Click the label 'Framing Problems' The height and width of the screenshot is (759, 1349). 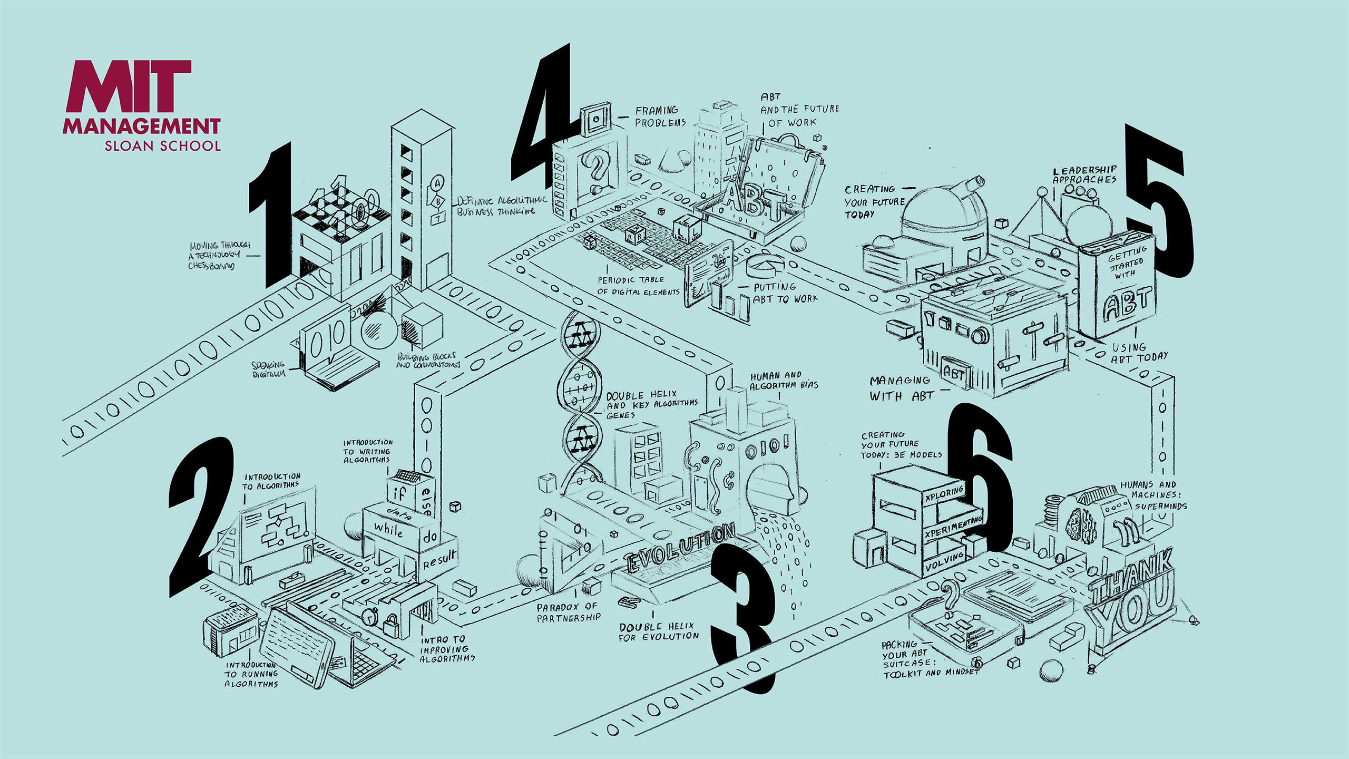(x=660, y=116)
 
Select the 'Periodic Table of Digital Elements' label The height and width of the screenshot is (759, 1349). (x=638, y=286)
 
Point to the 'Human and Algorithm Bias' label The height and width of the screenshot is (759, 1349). (x=784, y=380)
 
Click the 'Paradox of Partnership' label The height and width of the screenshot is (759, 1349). (x=568, y=612)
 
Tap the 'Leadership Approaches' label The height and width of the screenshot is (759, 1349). (x=1084, y=174)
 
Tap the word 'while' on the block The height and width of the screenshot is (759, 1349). (x=388, y=528)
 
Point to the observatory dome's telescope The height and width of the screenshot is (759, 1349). (x=970, y=184)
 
